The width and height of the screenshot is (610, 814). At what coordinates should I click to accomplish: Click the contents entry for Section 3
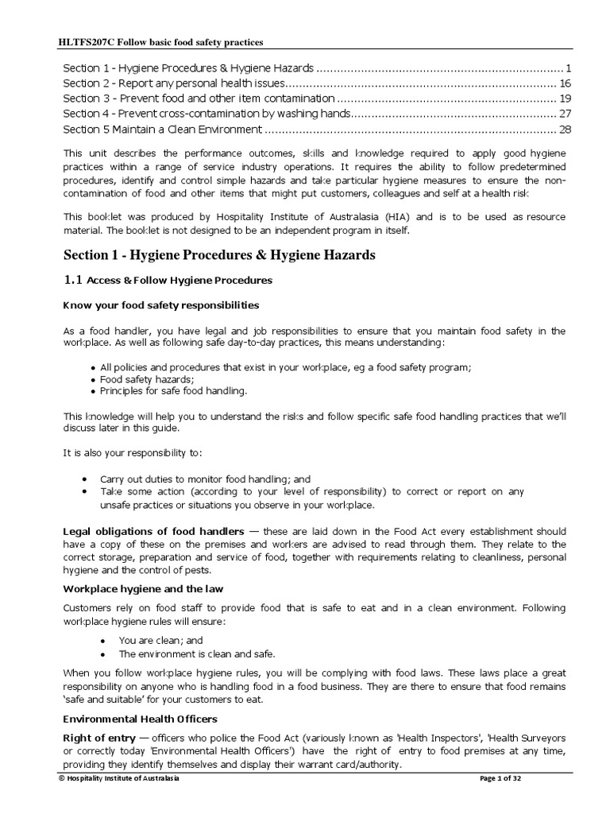pyautogui.click(x=199, y=99)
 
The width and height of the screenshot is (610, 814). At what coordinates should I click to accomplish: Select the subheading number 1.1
pyautogui.click(x=72, y=280)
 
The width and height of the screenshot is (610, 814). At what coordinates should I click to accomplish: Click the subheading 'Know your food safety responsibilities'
pyautogui.click(x=160, y=305)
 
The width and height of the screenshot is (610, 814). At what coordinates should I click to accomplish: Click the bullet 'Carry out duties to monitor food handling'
pyautogui.click(x=205, y=480)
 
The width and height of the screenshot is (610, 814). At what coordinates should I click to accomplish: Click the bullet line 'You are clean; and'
pyautogui.click(x=160, y=640)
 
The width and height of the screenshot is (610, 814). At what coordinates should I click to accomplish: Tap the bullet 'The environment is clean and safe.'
pyautogui.click(x=196, y=653)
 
